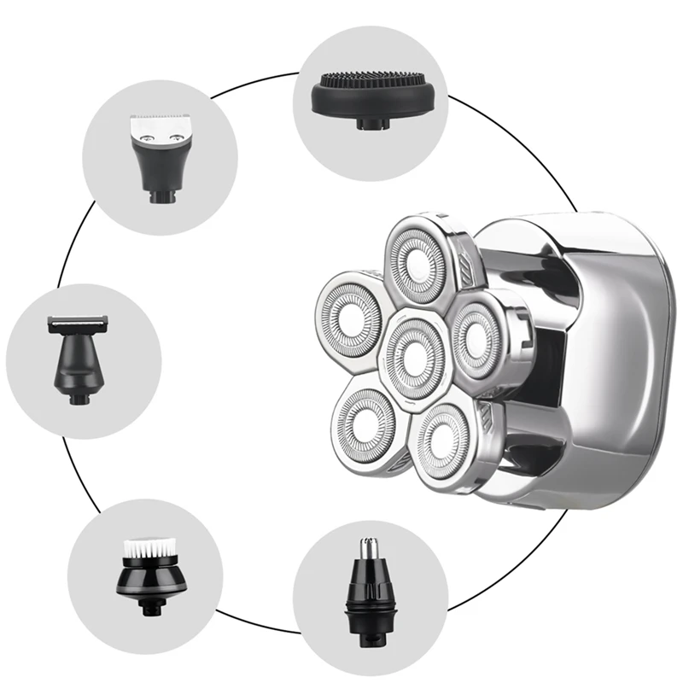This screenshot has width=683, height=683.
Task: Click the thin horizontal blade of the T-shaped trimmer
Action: [x=79, y=322]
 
